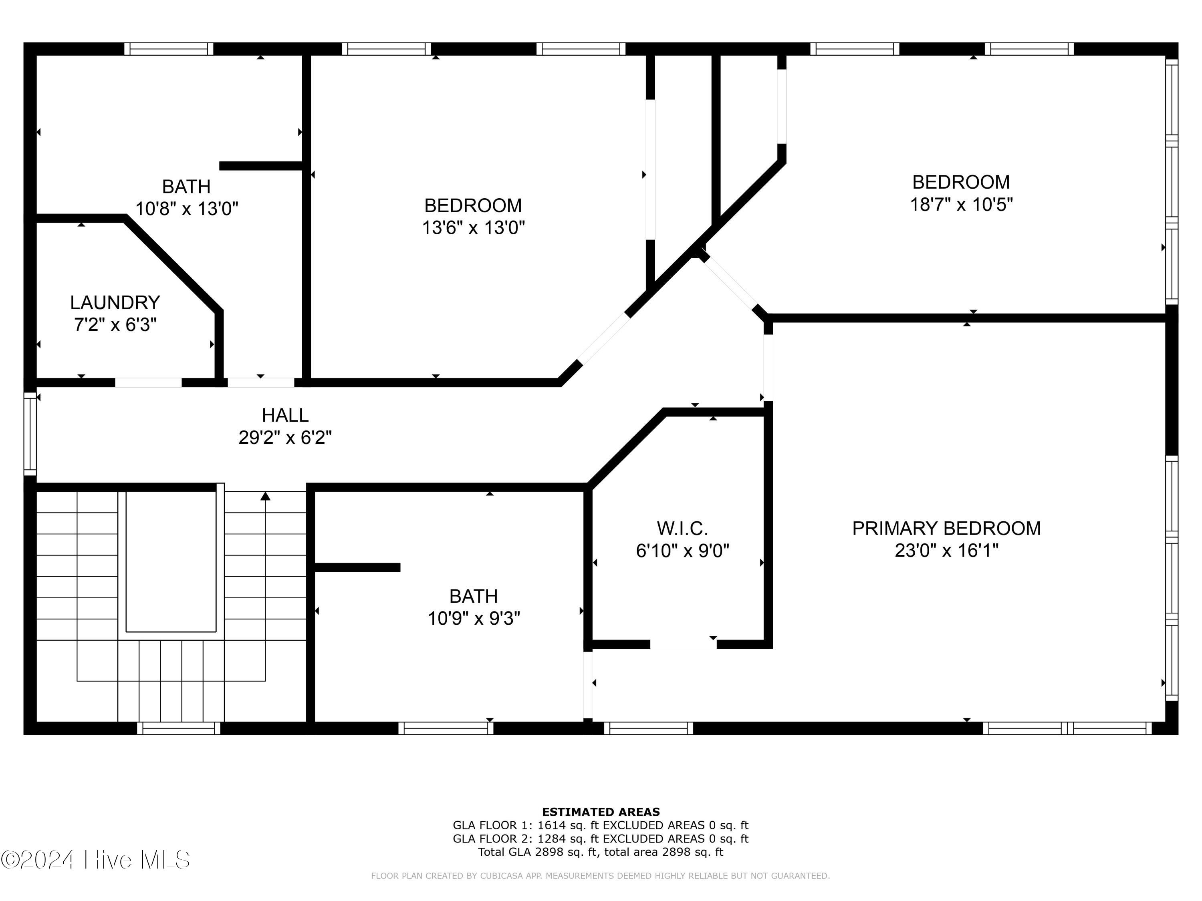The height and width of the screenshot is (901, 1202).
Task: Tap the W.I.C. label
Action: [682, 529]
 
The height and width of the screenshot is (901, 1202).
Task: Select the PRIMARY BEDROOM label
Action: [946, 529]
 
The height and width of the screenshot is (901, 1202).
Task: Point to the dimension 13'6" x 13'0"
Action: [473, 227]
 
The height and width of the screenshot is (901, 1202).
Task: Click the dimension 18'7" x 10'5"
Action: [961, 205]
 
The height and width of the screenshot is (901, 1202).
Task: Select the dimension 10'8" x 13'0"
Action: [186, 209]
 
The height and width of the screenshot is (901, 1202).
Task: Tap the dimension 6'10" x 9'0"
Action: [682, 551]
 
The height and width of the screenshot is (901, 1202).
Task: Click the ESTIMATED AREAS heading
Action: [601, 812]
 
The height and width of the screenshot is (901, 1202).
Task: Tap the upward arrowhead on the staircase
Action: [265, 496]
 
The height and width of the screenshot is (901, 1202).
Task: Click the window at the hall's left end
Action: [30, 434]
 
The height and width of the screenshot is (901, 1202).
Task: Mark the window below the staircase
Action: [179, 728]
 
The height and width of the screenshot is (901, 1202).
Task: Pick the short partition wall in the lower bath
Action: [357, 567]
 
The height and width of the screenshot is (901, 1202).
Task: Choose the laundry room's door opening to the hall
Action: [148, 382]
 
